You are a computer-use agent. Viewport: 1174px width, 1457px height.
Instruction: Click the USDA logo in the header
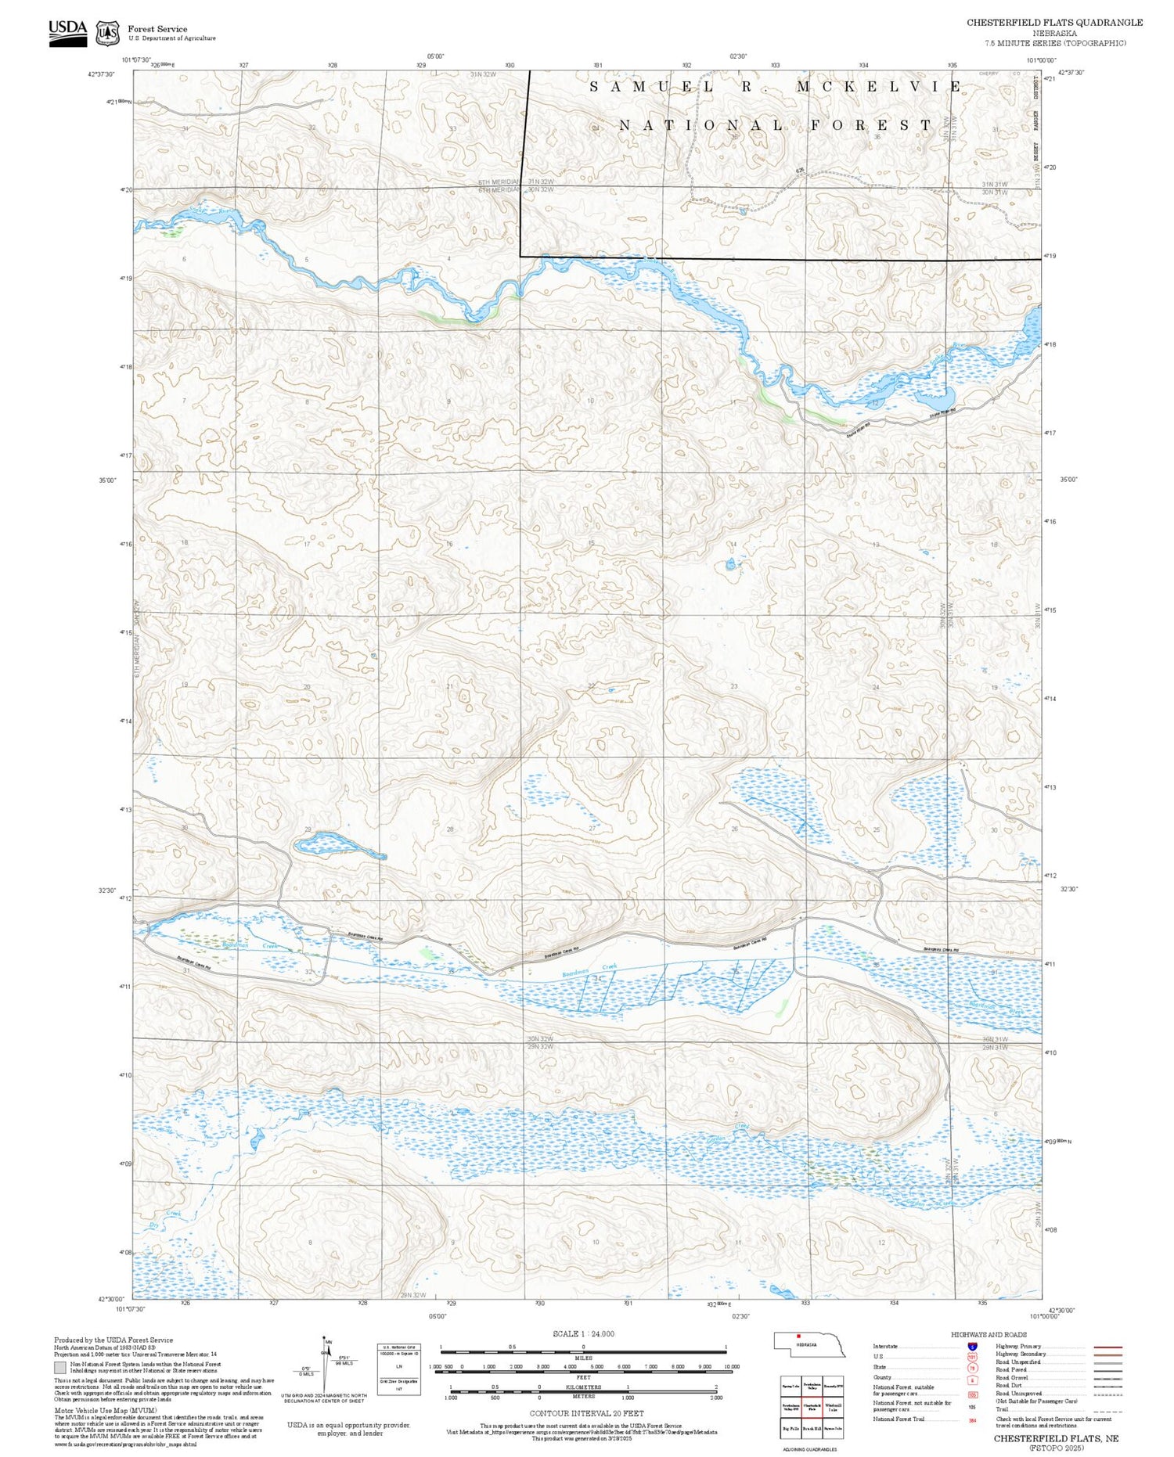[67, 32]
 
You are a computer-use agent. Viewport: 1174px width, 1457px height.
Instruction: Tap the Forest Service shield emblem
[107, 34]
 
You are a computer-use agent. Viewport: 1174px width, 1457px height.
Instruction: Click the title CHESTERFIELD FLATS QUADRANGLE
[1054, 23]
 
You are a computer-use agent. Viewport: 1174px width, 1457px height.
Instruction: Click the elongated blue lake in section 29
[328, 844]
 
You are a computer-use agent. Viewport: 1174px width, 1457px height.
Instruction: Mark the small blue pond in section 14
[730, 563]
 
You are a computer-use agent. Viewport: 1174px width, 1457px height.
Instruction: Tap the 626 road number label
[800, 171]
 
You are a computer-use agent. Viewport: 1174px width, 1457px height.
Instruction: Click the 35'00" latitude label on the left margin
[107, 480]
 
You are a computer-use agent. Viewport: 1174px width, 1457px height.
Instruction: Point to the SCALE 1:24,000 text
[583, 1333]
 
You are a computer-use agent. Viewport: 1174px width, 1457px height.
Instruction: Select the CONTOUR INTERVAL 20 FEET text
[587, 1413]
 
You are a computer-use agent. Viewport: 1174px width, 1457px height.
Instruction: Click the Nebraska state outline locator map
[809, 1345]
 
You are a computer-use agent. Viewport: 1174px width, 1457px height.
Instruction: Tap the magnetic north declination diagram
[326, 1363]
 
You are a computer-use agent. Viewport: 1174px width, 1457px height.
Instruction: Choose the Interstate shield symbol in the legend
[972, 1346]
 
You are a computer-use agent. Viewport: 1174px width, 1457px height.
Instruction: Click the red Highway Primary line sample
[1106, 1347]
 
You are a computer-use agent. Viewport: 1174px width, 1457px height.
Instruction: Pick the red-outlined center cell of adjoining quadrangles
[812, 1405]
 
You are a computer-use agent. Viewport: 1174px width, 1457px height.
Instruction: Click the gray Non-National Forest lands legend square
[60, 1368]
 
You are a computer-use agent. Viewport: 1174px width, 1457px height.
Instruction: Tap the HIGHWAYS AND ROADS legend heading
[989, 1335]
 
